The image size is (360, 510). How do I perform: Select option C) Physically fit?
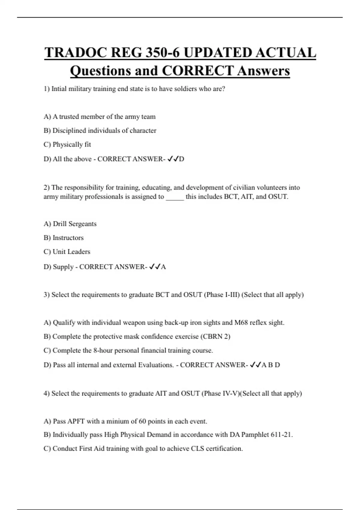coord(67,145)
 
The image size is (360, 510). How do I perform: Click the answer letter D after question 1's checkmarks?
coord(181,159)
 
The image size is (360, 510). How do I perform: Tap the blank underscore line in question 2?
coord(175,197)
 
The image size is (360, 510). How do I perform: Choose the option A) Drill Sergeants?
coord(70,224)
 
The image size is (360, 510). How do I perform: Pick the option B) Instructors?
coord(64,238)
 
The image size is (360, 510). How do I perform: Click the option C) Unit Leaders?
coord(67,252)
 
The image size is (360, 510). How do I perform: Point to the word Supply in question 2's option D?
coord(63,267)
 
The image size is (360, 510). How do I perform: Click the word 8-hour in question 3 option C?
coord(103,350)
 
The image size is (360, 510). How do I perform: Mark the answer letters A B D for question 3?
coord(271,365)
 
